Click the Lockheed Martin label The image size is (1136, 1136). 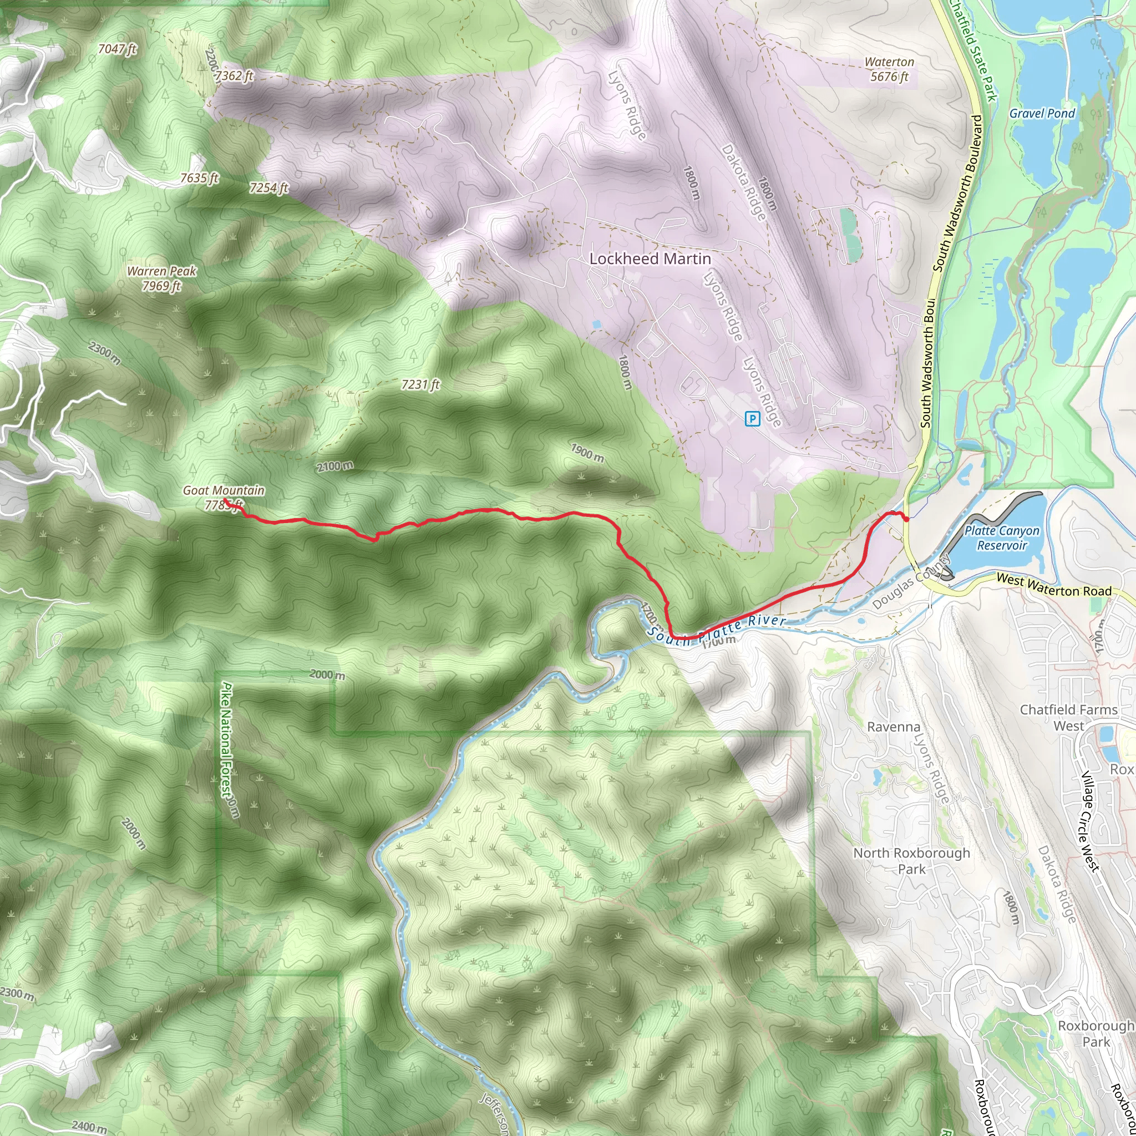[x=650, y=258]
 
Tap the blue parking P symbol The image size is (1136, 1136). [x=753, y=419]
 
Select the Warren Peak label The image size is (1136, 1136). [x=162, y=278]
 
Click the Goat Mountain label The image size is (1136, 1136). [x=224, y=490]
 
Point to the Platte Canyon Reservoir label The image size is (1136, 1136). [x=1002, y=538]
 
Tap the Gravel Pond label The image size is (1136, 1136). [x=1042, y=114]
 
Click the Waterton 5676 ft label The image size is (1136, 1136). [x=890, y=69]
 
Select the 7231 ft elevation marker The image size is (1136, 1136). [x=420, y=384]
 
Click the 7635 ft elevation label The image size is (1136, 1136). [x=199, y=177]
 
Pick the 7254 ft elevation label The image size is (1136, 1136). [x=268, y=187]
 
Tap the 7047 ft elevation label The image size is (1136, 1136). [x=117, y=49]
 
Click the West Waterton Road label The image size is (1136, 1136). [x=1054, y=586]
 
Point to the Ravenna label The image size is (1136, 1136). [x=894, y=727]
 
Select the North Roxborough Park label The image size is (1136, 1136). [x=911, y=861]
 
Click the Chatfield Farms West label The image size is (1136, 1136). [x=1068, y=718]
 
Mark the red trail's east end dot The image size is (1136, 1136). [x=906, y=519]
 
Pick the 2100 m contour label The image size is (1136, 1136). [x=335, y=466]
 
